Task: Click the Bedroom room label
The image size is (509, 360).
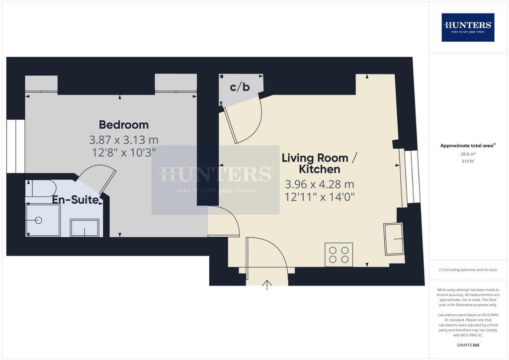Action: [x=124, y=125]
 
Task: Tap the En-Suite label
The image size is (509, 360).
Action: [x=76, y=199]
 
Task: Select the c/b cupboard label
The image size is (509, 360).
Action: [x=240, y=87]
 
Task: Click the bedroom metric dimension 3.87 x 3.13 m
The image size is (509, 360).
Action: [x=124, y=140]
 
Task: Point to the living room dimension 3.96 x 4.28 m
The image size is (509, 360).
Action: [x=320, y=184]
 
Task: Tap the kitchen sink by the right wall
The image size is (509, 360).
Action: [x=394, y=239]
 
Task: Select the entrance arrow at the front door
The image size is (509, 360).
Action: [x=267, y=285]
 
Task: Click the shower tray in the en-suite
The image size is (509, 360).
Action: [x=43, y=220]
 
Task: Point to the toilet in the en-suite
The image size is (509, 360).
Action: [x=41, y=188]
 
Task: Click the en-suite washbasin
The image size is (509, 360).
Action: [x=85, y=228]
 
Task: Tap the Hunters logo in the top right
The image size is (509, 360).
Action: [x=468, y=27]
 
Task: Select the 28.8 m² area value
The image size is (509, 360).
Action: [x=468, y=154]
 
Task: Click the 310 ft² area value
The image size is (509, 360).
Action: [x=468, y=161]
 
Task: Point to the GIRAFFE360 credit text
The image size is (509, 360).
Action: [x=468, y=345]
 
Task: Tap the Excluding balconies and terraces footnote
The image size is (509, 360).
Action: [x=468, y=270]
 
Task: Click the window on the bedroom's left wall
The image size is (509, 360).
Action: [x=15, y=146]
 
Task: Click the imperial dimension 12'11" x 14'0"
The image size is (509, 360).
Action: [x=320, y=197]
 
